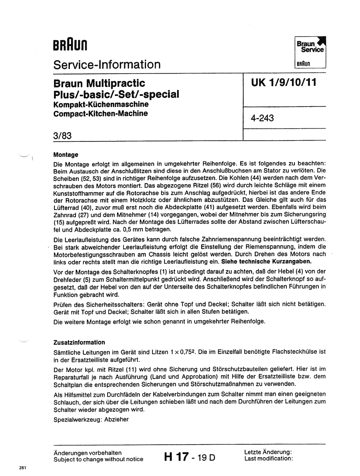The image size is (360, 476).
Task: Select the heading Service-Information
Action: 107,64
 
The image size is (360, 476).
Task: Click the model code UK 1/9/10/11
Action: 284,82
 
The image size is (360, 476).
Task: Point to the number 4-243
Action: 262,118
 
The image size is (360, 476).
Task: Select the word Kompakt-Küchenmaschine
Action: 101,104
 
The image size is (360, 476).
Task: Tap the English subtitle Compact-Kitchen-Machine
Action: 100,113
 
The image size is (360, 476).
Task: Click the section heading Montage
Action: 66,155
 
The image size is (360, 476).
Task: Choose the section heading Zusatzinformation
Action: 79,342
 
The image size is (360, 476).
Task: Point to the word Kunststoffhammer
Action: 81,192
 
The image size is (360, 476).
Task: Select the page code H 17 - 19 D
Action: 189,457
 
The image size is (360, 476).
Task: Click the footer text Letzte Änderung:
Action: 268,452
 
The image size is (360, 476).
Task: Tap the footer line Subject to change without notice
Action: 98,459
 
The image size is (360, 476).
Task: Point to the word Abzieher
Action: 116,419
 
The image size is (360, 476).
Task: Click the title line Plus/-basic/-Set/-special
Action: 116,94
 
